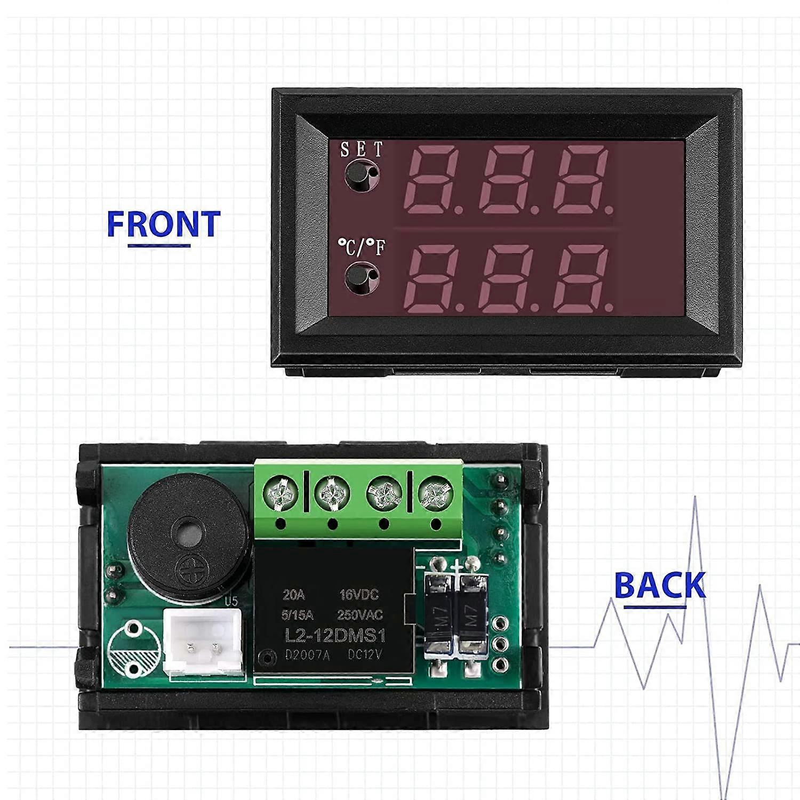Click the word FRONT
pos(163,224)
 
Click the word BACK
pos(660,585)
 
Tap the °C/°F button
pos(361,277)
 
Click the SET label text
pos(362,150)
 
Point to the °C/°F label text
pos(362,247)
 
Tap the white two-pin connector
pos(203,644)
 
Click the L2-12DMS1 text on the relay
pos(335,635)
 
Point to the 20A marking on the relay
pos(293,595)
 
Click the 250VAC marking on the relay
pos(359,615)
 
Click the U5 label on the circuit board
pos(230,602)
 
